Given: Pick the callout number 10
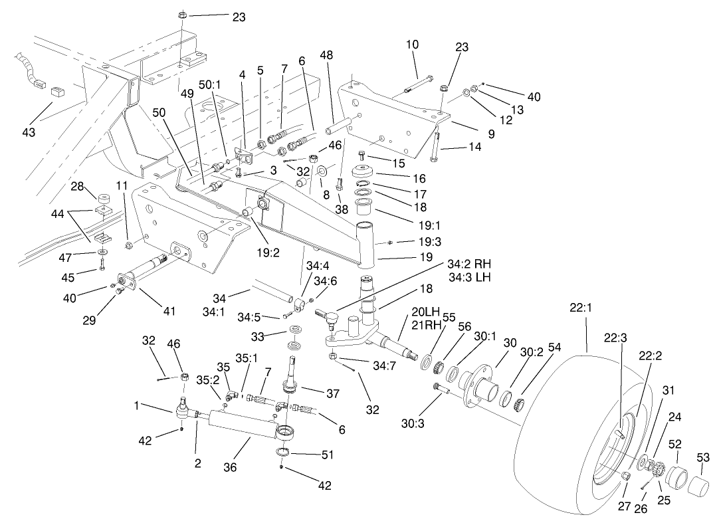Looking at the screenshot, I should pos(412,45).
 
